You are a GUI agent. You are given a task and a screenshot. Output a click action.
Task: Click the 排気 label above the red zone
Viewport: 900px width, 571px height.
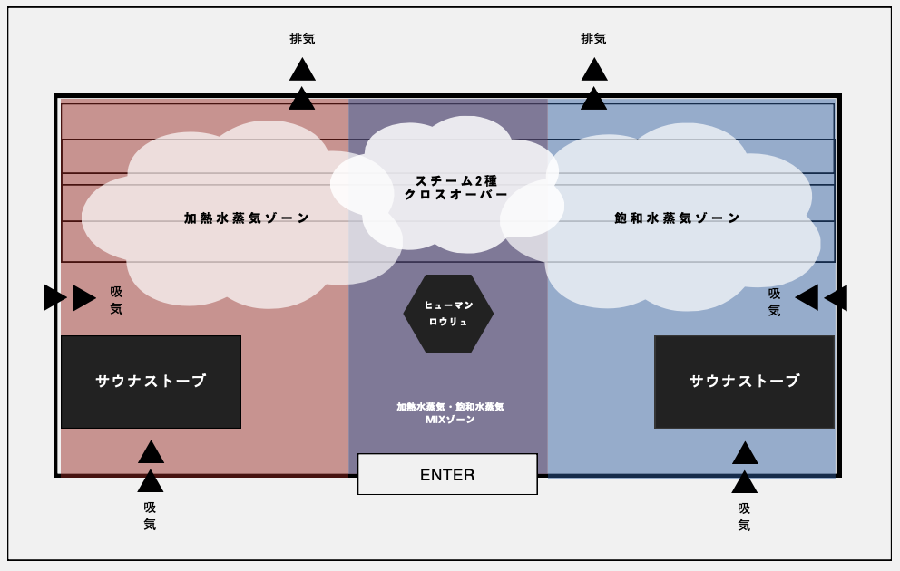point(302,39)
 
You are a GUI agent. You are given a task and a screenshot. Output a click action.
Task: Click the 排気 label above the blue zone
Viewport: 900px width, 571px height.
point(593,39)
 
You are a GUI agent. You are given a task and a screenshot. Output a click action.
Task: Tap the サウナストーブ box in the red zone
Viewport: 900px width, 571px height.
point(151,382)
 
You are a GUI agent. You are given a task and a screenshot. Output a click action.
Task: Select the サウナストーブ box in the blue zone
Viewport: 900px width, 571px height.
point(744,382)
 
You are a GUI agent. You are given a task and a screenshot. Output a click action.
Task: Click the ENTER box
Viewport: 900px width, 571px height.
point(447,474)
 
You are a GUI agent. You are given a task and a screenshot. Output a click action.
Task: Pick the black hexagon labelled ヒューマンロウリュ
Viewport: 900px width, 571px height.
point(448,314)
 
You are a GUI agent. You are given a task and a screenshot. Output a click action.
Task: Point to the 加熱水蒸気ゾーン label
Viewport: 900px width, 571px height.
point(247,218)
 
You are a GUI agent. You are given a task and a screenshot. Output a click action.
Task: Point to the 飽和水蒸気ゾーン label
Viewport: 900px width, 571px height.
point(677,218)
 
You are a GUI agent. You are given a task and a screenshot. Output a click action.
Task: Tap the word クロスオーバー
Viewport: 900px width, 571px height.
point(456,195)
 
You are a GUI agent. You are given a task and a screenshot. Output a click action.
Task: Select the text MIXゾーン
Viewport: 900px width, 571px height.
point(450,420)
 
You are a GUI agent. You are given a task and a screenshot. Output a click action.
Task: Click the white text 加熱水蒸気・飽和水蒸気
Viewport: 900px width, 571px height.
point(450,407)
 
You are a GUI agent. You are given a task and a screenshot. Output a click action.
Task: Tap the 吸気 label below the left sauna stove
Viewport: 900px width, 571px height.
point(150,516)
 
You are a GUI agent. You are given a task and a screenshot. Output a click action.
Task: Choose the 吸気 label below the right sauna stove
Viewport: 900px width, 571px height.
point(744,517)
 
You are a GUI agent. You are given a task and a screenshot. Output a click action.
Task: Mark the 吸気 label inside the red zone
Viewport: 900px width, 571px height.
point(116,300)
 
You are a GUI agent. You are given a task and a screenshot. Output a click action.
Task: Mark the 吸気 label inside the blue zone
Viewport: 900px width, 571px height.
point(774,302)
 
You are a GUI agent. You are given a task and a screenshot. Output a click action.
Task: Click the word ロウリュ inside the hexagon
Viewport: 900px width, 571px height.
point(448,322)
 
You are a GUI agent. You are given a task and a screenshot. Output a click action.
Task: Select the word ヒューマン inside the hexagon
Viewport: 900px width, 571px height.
point(448,305)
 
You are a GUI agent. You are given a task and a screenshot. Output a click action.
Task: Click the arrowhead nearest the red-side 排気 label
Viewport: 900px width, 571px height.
point(302,70)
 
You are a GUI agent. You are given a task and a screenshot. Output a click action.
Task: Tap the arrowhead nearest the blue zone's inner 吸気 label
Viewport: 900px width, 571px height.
point(806,297)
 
